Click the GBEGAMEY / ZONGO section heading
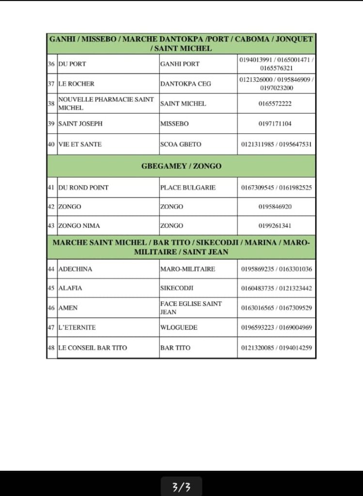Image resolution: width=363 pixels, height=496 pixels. tap(181, 166)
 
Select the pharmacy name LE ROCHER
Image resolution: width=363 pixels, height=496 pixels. tap(76, 84)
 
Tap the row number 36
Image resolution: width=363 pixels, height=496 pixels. tap(51, 64)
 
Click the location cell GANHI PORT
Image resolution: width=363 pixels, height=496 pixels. tap(180, 64)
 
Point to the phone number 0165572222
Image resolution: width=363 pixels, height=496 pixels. tap(276, 104)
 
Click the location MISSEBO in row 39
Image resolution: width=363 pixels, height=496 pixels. tap(174, 124)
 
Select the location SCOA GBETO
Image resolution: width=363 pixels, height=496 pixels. tap(180, 144)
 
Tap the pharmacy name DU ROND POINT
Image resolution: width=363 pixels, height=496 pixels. tap(83, 187)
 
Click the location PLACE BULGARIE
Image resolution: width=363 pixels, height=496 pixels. tap(188, 187)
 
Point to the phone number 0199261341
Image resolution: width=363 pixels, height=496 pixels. tap(276, 226)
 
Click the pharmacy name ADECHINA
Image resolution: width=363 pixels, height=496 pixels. tap(75, 269)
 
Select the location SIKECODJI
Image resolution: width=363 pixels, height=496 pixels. tap(176, 288)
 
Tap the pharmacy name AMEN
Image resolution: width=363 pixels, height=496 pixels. tap(68, 308)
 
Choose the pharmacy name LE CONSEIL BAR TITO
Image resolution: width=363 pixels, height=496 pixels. tap(93, 348)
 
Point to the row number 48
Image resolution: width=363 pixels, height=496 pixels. tap(51, 348)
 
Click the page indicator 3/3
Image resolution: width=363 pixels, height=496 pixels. tap(181, 487)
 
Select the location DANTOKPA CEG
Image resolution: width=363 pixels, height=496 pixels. tap(186, 84)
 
